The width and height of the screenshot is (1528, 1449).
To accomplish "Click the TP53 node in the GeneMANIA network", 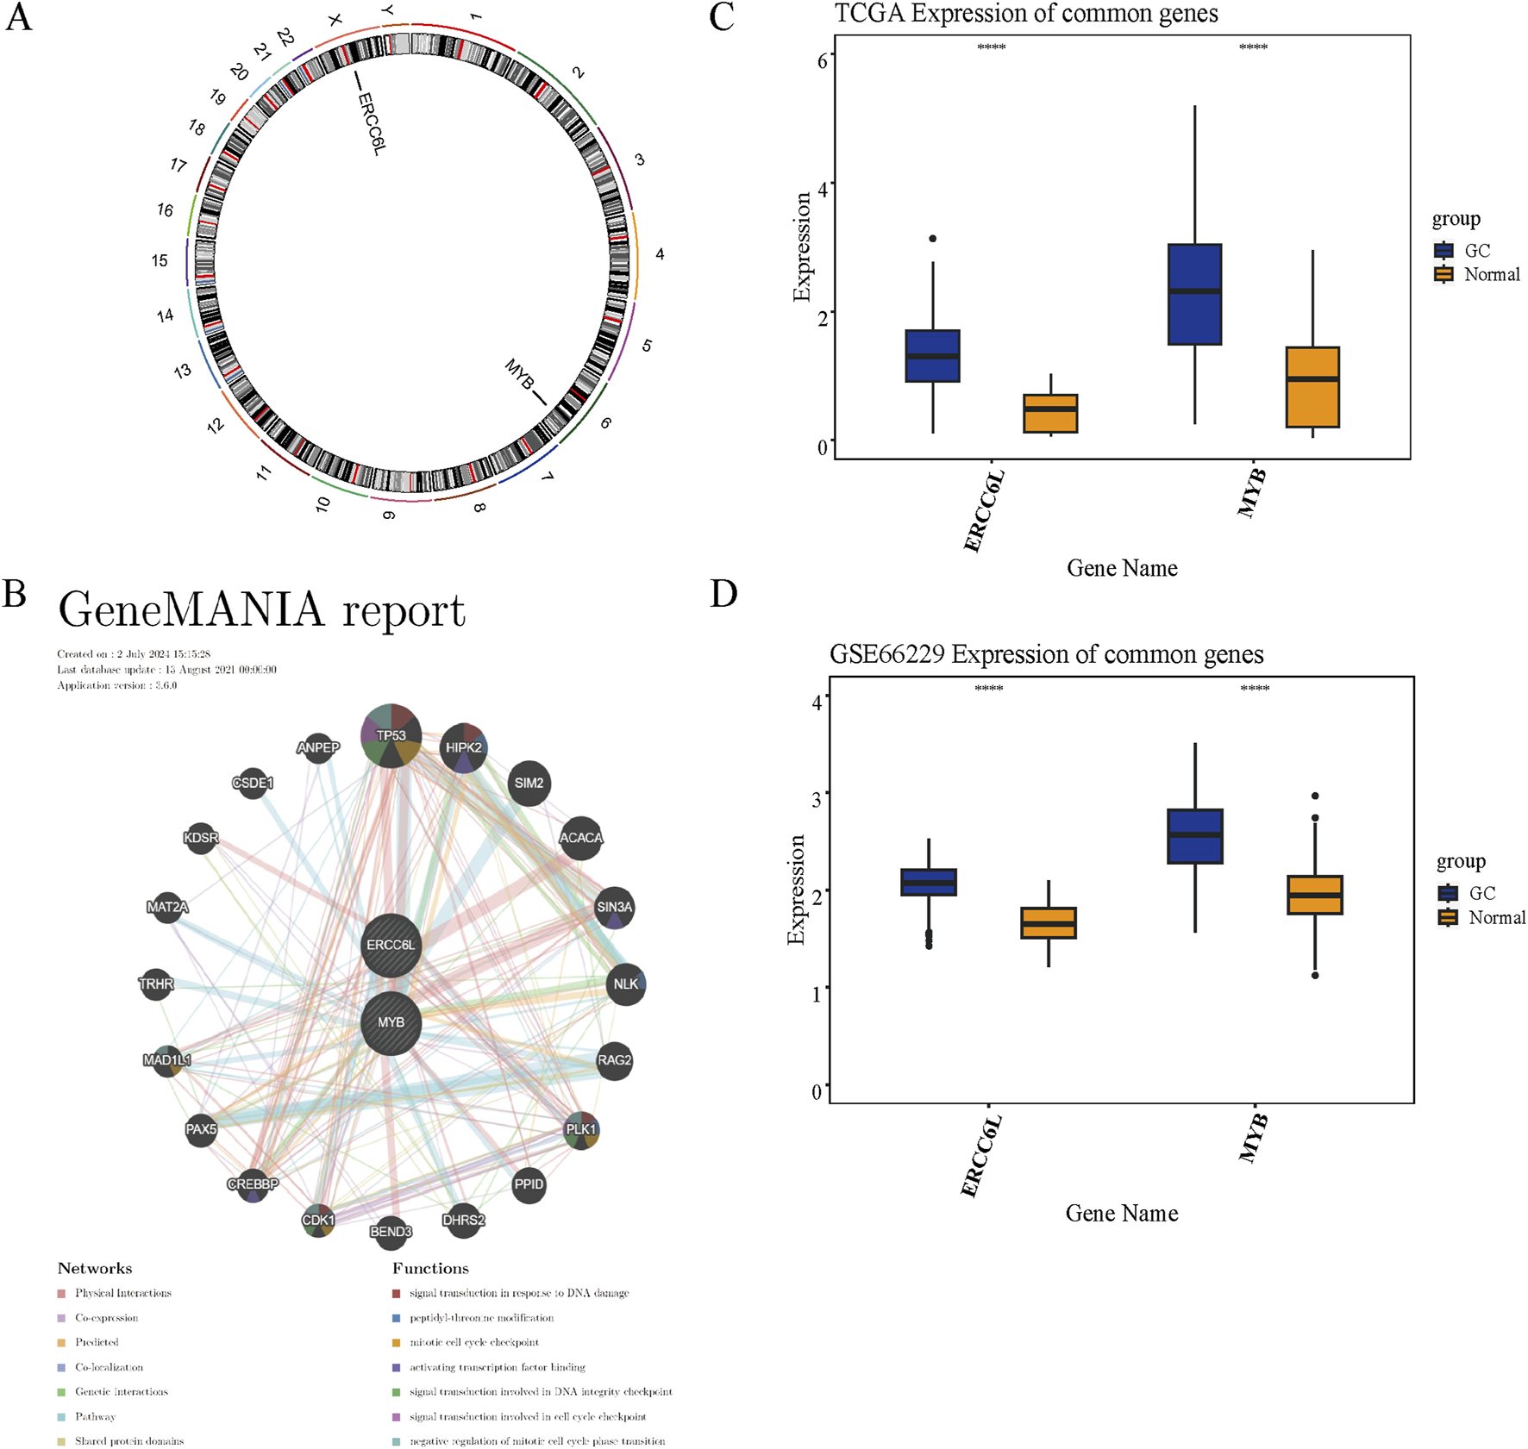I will tap(391, 735).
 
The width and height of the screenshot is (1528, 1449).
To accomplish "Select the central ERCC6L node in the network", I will tap(391, 945).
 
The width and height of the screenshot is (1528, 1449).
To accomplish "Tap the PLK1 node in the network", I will tap(580, 1129).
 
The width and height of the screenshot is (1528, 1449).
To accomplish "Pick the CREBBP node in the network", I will tap(253, 1184).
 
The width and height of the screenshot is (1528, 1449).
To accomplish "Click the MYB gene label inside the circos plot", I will tap(519, 375).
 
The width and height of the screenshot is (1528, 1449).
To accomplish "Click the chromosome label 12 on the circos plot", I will tap(215, 425).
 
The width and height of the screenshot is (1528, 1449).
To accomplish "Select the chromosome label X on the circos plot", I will tap(335, 19).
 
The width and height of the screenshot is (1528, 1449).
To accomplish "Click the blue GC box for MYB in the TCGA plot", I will tap(1194, 295).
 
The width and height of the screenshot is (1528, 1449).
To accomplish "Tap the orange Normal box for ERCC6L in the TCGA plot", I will tap(1050, 413).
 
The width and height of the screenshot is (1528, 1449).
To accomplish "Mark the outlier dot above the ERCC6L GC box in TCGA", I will tap(933, 239).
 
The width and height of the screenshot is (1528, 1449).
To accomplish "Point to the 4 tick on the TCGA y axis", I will tap(823, 188).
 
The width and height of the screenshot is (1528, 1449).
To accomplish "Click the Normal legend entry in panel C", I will tap(1478, 275).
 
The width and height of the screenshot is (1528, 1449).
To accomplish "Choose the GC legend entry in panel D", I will tap(1469, 893).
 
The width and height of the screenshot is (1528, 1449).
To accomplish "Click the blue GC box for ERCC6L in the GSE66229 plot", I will tap(929, 882).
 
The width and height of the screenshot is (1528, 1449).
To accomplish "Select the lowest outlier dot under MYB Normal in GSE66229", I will tap(1315, 976).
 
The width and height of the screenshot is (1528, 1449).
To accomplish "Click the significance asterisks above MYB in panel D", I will tap(1255, 689).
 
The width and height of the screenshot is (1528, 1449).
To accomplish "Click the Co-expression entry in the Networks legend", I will tap(106, 1318).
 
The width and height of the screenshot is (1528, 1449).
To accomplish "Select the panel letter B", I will tap(15, 593).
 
